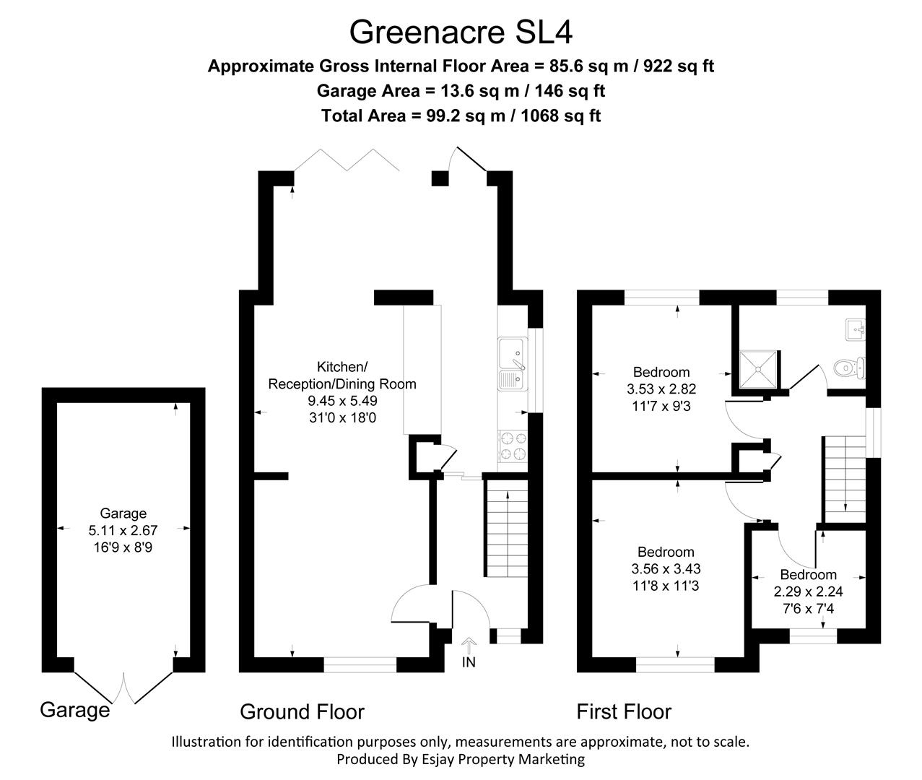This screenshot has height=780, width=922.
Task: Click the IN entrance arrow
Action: click(x=469, y=644)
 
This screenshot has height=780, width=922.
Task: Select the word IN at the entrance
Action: click(x=469, y=662)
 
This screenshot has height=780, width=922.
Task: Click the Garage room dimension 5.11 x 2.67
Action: click(x=123, y=530)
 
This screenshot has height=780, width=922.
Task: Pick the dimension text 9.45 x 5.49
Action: click(x=342, y=401)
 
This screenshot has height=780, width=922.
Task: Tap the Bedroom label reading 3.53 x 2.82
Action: click(x=661, y=389)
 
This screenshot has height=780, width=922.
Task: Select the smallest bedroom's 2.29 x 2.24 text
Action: click(x=808, y=591)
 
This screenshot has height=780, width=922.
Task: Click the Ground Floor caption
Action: click(x=302, y=712)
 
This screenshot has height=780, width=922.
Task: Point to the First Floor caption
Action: click(x=624, y=712)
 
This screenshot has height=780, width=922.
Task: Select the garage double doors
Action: click(x=123, y=686)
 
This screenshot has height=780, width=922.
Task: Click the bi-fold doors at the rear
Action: click(x=346, y=160)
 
